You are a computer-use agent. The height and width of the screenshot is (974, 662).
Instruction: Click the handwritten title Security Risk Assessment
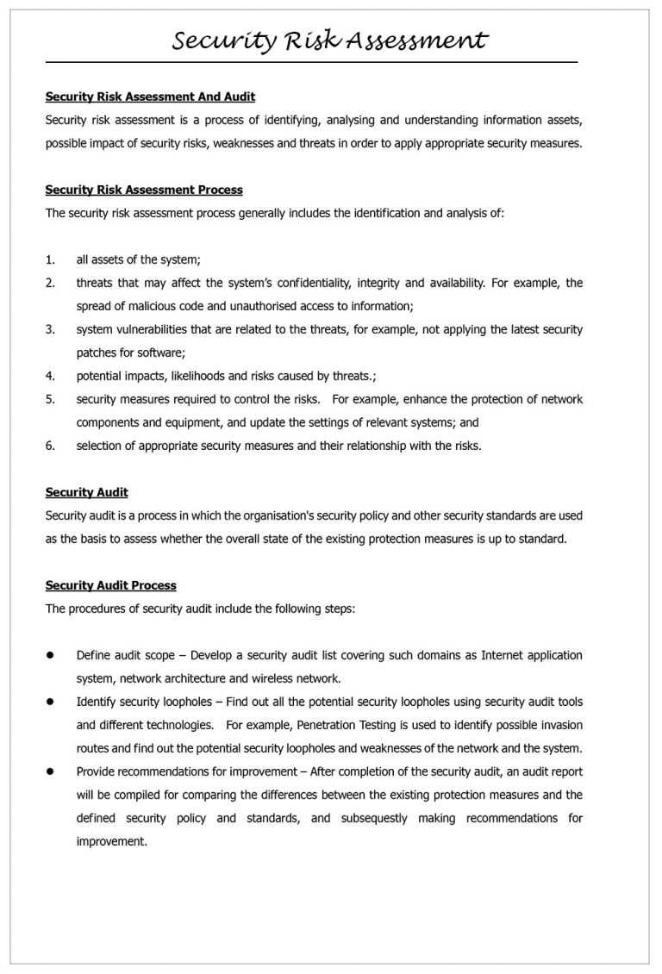[x=330, y=41]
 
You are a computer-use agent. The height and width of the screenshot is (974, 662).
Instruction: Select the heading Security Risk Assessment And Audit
[x=150, y=97]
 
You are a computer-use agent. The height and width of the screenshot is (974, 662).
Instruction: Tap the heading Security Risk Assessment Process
[x=144, y=190]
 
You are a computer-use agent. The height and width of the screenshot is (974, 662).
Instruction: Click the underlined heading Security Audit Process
[x=110, y=585]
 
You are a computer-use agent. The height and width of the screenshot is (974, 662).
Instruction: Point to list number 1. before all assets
[x=50, y=259]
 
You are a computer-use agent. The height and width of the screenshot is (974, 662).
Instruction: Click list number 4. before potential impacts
[x=50, y=376]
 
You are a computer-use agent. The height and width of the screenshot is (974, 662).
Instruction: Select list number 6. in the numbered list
[x=50, y=446]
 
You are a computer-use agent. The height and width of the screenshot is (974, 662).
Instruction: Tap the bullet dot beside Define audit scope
[x=50, y=655]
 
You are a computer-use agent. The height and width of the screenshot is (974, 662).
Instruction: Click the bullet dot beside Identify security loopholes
[x=50, y=702]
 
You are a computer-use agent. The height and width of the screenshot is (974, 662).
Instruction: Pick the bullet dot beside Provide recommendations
[x=50, y=771]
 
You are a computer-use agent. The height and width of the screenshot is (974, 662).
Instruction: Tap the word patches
[x=97, y=353]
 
